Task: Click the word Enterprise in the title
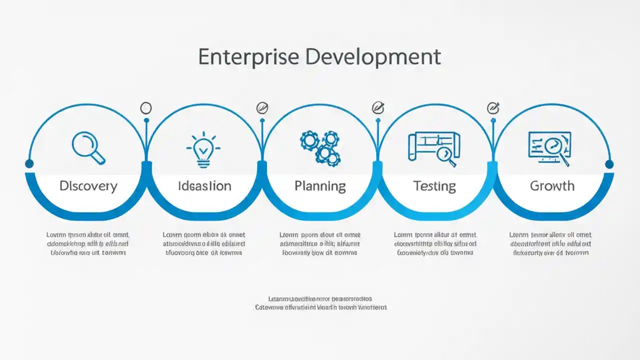(x=248, y=57)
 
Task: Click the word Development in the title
(x=373, y=57)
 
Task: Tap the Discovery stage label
(x=88, y=186)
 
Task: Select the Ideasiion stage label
(x=204, y=186)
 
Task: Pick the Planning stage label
(x=320, y=186)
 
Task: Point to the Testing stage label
(x=434, y=186)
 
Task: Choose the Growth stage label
(x=552, y=186)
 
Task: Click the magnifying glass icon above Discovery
(x=88, y=147)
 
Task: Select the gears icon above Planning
(x=320, y=148)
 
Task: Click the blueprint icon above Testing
(x=434, y=148)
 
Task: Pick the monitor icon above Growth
(x=549, y=148)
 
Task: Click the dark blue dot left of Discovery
(x=29, y=163)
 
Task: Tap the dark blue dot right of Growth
(x=609, y=164)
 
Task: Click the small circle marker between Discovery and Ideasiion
(x=146, y=108)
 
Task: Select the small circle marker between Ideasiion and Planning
(x=262, y=107)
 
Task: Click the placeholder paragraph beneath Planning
(x=320, y=243)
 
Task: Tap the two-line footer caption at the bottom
(x=320, y=303)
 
